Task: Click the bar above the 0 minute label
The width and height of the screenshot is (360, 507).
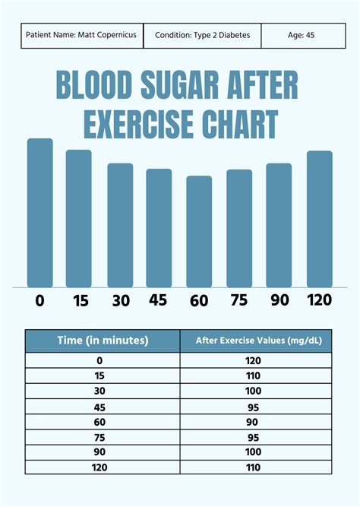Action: (40, 213)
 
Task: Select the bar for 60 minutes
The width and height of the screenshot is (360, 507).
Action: (199, 231)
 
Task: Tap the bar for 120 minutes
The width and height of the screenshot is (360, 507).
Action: (319, 219)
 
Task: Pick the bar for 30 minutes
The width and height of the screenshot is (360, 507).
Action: (120, 225)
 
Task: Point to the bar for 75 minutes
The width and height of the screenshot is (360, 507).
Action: (239, 228)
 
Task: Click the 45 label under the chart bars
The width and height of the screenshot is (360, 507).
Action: (158, 300)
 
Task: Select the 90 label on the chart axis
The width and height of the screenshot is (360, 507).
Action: (279, 300)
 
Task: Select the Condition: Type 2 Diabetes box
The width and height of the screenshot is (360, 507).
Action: (203, 35)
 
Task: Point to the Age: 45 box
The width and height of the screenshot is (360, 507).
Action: (299, 35)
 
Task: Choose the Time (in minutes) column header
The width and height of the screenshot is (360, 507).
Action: (103, 341)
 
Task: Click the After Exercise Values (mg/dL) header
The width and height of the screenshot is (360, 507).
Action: (257, 341)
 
